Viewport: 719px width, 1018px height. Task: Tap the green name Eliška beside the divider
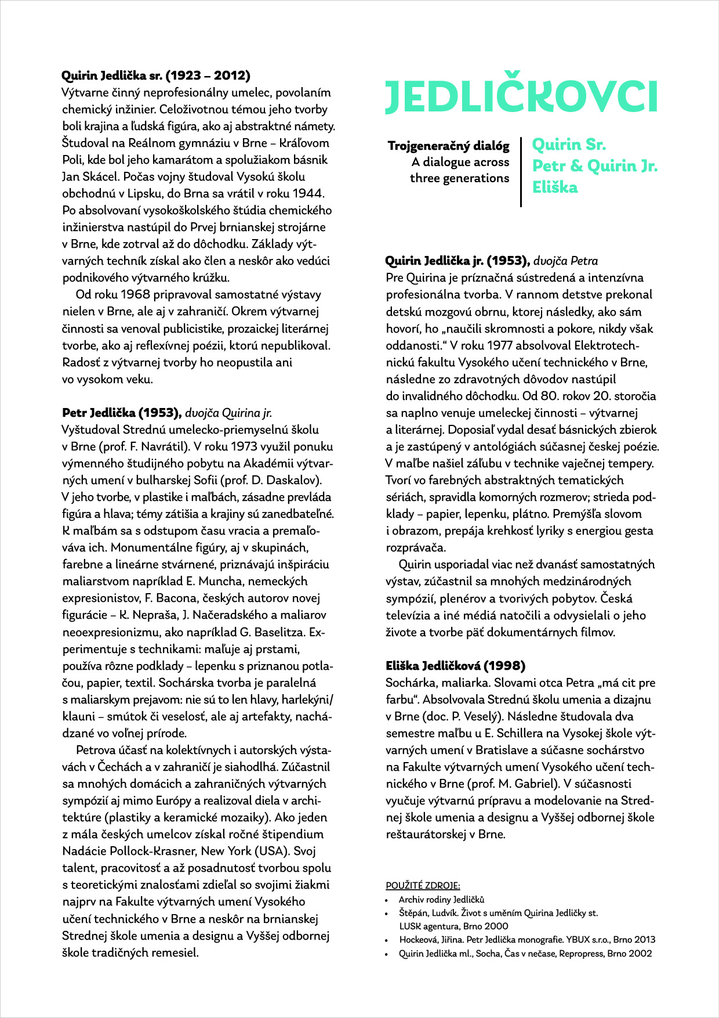[x=555, y=187]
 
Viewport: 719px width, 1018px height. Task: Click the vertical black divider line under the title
[x=521, y=172]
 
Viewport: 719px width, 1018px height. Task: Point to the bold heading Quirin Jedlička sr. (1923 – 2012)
[x=156, y=75]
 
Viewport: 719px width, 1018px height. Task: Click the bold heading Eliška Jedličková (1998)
[x=456, y=666]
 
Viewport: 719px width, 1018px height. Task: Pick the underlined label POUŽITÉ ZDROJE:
[x=423, y=885]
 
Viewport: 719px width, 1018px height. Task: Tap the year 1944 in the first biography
[x=308, y=193]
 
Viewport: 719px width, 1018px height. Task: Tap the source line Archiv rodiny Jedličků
[x=441, y=900]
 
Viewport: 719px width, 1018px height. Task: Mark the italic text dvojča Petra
[x=565, y=261]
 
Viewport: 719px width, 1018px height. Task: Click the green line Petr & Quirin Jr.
[x=595, y=166]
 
